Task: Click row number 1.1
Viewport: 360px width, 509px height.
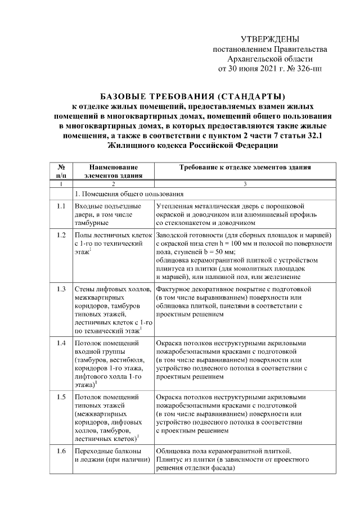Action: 61,205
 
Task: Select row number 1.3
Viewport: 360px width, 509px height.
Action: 61,289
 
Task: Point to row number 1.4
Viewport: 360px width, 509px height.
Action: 61,342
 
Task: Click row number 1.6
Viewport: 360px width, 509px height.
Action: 61,450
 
